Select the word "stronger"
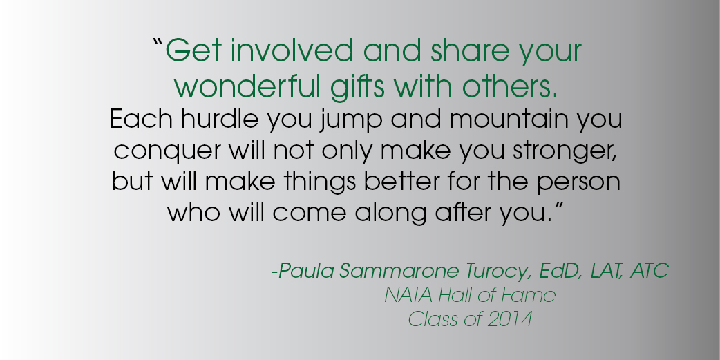tap(565, 151)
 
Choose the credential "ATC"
tap(650, 270)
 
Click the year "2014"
tap(509, 319)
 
